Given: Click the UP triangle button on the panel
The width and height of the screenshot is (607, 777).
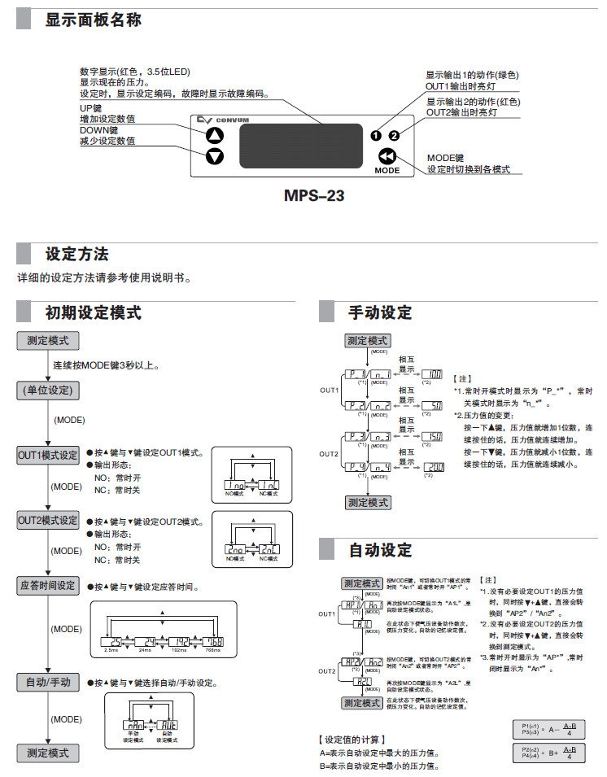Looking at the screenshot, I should click(x=214, y=135).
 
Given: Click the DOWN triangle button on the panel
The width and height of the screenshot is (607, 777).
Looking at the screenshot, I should click(x=214, y=155).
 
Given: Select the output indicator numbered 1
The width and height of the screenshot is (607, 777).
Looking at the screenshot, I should click(x=376, y=135).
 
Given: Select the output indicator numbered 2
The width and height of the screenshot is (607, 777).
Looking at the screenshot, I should click(x=395, y=135).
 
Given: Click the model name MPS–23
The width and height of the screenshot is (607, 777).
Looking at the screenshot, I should click(x=314, y=196).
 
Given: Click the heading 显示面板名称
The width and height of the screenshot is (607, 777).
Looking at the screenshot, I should click(x=94, y=20).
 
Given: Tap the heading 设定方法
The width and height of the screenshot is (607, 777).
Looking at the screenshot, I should click(x=77, y=255).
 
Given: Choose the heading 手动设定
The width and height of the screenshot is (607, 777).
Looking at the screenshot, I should click(x=380, y=312).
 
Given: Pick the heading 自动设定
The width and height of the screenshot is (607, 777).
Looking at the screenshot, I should click(x=380, y=550).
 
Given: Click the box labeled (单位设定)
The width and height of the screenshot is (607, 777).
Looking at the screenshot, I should click(x=48, y=391).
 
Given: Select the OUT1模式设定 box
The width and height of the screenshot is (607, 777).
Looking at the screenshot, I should click(x=48, y=454).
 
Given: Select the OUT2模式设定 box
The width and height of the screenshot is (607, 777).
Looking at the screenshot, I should click(x=48, y=520).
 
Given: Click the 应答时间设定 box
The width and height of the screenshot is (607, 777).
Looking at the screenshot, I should click(x=48, y=585).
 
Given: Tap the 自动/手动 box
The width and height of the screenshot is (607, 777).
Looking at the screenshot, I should click(x=48, y=682).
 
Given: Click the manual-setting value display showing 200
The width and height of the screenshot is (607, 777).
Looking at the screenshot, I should click(x=434, y=467).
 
